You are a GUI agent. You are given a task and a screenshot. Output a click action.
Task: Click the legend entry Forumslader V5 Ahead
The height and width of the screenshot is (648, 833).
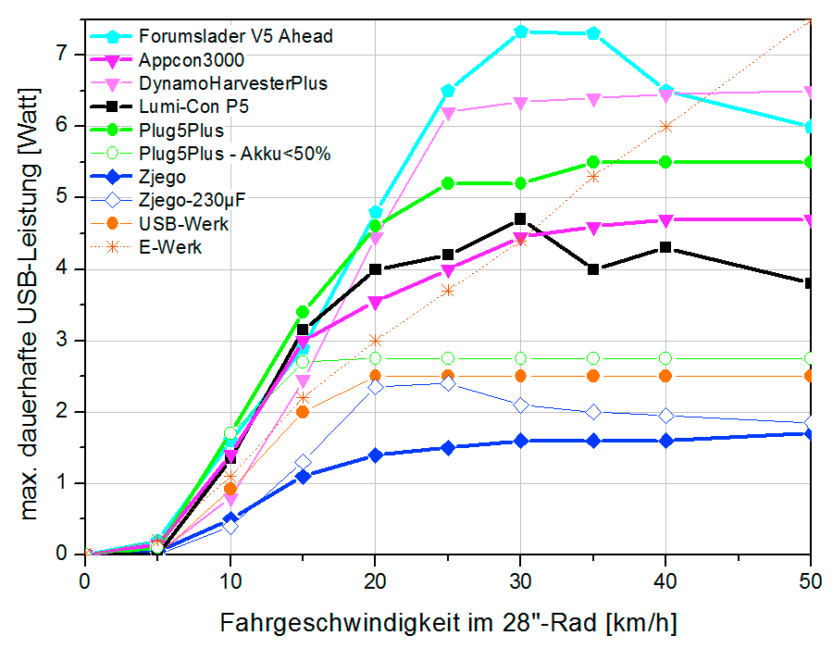(235, 37)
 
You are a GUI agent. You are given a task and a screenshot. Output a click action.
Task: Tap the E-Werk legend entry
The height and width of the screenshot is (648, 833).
(170, 247)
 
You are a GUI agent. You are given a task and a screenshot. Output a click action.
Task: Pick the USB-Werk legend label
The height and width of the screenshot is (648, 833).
(183, 224)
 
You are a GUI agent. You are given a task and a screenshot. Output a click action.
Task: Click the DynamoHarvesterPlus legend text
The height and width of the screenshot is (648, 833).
(233, 83)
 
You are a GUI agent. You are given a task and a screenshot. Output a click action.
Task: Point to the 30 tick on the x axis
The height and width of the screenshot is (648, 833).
(520, 579)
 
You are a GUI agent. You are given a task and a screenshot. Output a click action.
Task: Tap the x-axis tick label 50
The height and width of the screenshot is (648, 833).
(811, 579)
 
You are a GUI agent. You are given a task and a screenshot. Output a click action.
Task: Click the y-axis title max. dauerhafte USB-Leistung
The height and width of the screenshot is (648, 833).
(31, 304)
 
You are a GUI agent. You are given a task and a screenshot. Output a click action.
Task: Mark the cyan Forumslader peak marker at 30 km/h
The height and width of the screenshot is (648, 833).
(521, 31)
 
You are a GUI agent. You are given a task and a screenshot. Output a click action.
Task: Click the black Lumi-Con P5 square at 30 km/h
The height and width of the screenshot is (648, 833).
(520, 219)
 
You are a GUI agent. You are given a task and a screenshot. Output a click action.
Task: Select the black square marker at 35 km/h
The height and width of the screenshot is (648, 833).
(593, 269)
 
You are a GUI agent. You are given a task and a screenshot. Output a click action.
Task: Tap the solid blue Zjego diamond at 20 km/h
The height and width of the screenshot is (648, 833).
(375, 455)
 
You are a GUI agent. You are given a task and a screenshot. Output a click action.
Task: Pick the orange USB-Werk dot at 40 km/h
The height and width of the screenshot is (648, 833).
(665, 376)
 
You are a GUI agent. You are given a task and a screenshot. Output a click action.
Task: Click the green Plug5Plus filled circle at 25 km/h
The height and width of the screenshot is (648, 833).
(448, 183)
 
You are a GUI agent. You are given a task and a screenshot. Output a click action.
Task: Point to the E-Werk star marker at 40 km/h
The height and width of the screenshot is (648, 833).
(665, 126)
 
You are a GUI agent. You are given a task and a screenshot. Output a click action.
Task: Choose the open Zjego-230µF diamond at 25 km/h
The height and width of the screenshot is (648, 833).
(448, 383)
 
